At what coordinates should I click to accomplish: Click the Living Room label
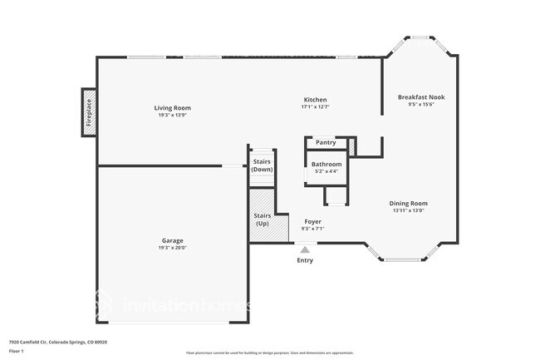click(172, 107)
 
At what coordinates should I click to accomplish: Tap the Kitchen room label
click(314, 99)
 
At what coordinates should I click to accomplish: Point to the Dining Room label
click(409, 203)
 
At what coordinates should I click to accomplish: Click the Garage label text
click(172, 240)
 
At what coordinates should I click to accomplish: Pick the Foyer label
click(312, 221)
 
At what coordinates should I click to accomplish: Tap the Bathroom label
click(326, 164)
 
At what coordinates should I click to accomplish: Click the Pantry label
click(326, 142)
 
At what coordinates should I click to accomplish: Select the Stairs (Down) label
click(263, 165)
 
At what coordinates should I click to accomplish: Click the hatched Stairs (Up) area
click(263, 219)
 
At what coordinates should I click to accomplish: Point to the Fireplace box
click(89, 111)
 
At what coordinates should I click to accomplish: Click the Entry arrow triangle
click(305, 249)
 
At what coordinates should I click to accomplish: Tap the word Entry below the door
click(305, 260)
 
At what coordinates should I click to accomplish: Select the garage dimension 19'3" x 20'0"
click(172, 248)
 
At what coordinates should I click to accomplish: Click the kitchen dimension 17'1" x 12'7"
click(314, 106)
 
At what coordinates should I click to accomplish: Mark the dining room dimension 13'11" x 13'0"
click(409, 210)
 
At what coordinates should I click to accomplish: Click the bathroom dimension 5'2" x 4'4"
click(326, 171)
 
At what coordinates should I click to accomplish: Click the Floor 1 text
click(17, 351)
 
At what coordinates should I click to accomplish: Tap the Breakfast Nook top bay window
click(420, 37)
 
